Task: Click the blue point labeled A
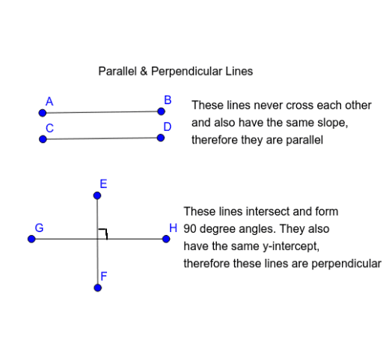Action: [43, 113]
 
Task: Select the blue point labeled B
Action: [161, 111]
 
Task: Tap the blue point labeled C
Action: [43, 138]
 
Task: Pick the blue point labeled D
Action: [161, 137]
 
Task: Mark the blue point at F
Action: [97, 287]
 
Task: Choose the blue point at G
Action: [31, 240]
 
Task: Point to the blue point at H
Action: [166, 240]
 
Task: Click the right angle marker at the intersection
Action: [103, 234]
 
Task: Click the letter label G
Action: [39, 228]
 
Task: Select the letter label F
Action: [104, 276]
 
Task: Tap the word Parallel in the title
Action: [118, 72]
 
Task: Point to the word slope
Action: [334, 122]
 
